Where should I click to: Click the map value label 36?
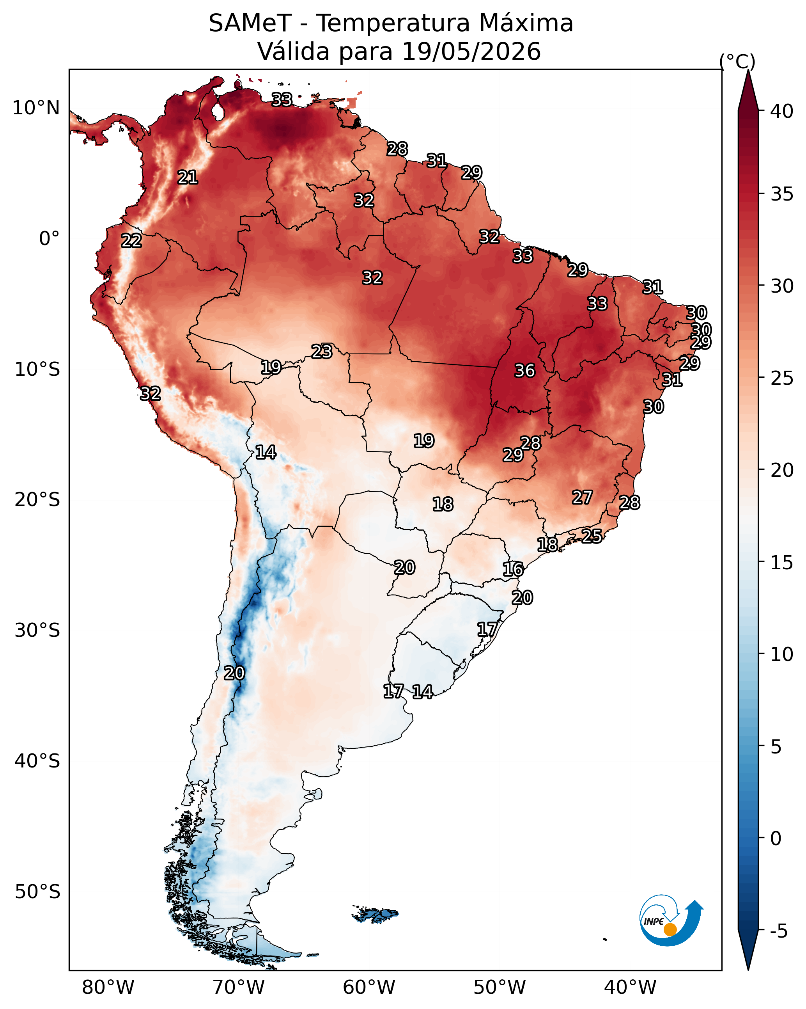(x=524, y=371)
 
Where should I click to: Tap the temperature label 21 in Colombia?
(x=188, y=178)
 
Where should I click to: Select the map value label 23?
(x=322, y=351)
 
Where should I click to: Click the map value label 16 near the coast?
(x=513, y=569)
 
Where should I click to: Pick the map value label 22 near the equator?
(x=131, y=241)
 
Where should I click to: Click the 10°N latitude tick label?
(x=36, y=108)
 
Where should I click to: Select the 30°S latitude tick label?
(x=37, y=631)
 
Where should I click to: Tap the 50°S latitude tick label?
(x=37, y=892)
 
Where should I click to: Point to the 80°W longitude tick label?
(x=108, y=987)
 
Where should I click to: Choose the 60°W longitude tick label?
(x=369, y=987)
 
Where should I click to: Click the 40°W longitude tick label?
(x=630, y=987)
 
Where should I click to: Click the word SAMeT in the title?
(x=250, y=23)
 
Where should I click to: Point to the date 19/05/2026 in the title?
(x=471, y=51)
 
